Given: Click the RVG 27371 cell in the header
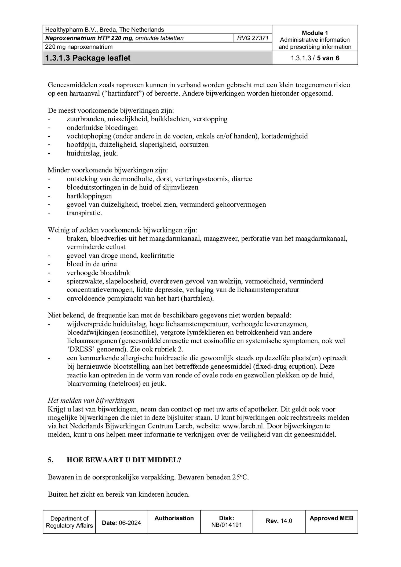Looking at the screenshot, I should [253, 38].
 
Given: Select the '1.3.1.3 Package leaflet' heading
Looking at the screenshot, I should [88, 58].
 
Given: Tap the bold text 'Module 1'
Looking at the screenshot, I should [315, 33].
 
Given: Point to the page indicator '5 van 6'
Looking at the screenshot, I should [328, 58].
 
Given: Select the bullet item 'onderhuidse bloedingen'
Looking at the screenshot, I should [102, 128].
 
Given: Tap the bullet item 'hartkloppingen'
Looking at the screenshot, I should [89, 196].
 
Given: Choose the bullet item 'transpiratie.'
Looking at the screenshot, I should [84, 213].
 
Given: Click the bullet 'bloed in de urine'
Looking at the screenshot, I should [92, 264].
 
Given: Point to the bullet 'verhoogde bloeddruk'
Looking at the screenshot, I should [98, 273].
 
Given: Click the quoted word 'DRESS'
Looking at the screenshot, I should [81, 350].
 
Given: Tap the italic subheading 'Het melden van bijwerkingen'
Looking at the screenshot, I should [91, 401].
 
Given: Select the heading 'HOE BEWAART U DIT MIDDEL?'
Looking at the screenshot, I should [124, 460].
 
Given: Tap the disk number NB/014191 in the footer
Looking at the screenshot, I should [226, 525].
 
